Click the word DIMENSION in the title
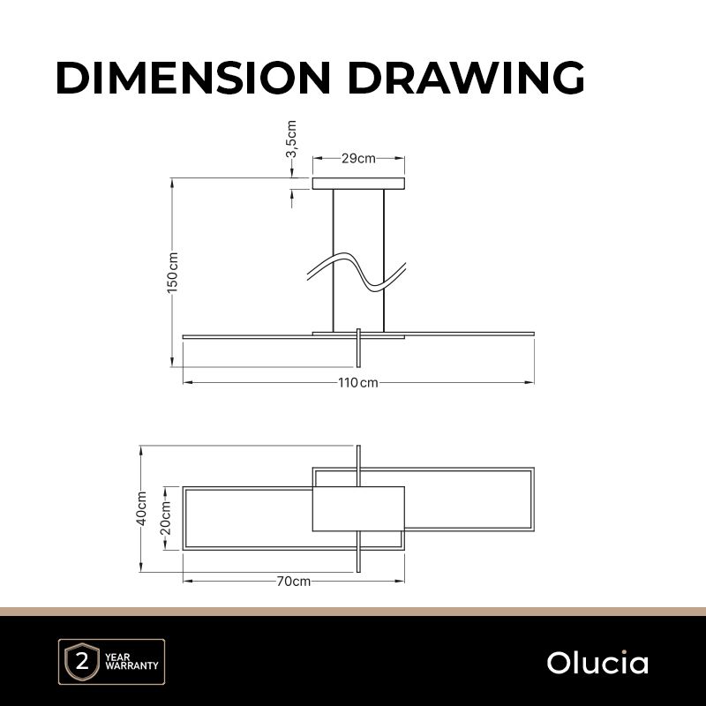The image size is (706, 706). (x=193, y=78)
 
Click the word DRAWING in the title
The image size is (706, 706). (x=466, y=78)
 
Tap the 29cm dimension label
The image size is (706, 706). (x=358, y=159)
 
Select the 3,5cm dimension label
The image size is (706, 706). (x=292, y=139)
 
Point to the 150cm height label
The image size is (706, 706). (x=173, y=273)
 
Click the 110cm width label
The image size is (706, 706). (x=358, y=383)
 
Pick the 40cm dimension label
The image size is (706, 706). (x=141, y=508)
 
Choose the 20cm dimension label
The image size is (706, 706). (x=166, y=518)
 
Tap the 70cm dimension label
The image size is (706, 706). (x=294, y=582)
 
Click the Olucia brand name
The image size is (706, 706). (x=597, y=663)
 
